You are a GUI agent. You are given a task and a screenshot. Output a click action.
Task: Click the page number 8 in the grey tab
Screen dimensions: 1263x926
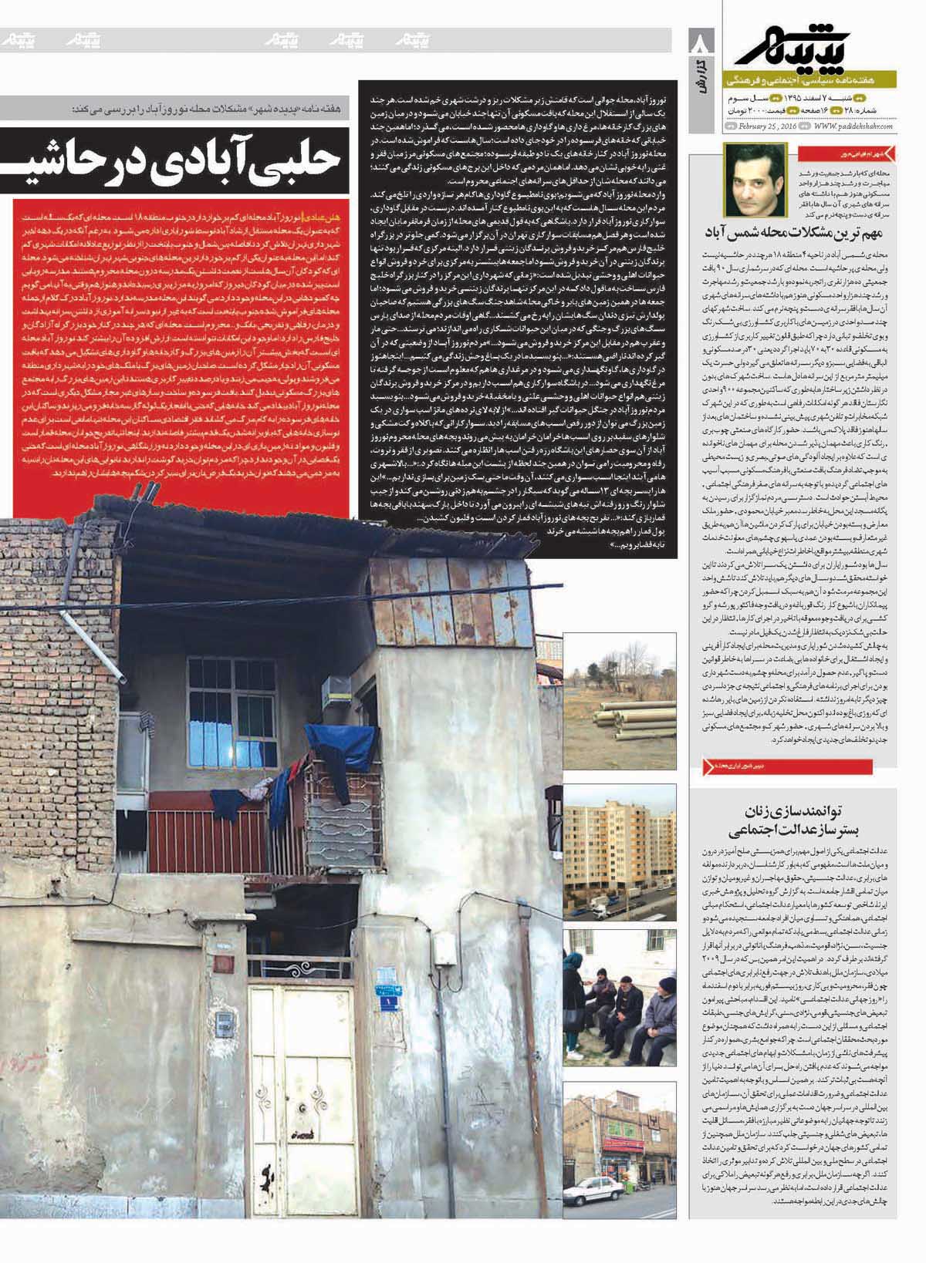click(x=701, y=45)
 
